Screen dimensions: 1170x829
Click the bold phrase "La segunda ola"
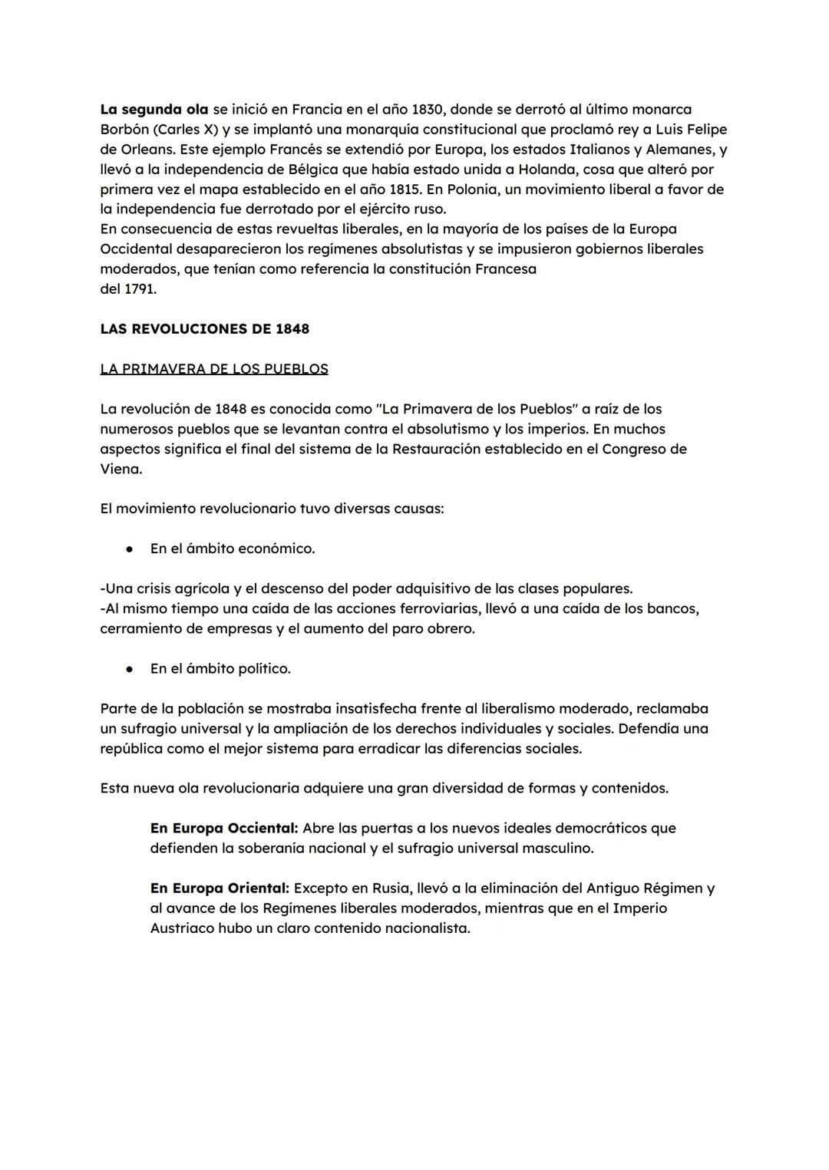point(154,110)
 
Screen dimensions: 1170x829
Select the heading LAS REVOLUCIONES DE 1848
point(204,329)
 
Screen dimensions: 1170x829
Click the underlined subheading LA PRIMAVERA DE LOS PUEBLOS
point(213,369)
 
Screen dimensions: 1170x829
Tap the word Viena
point(121,469)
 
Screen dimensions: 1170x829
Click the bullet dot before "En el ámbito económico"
point(130,549)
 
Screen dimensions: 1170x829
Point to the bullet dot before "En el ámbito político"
point(130,669)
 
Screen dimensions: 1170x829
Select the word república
point(131,749)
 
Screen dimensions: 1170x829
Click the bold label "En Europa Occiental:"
point(223,829)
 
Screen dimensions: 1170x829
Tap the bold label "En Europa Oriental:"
point(220,888)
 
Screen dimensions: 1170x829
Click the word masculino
point(557,849)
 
